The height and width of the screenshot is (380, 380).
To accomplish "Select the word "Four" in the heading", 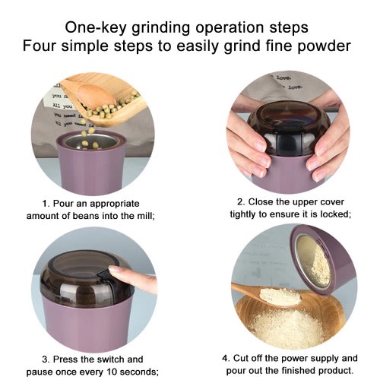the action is pos(39,46).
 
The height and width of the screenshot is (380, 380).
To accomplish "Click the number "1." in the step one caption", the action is pos(46,204).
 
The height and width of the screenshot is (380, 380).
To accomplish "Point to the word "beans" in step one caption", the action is pos(86,216).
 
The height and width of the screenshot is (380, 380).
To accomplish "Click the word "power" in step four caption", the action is pos(295,358).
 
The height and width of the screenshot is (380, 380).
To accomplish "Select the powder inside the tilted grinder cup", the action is pos(313,261).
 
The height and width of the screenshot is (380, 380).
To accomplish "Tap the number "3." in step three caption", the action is pos(46,359).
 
